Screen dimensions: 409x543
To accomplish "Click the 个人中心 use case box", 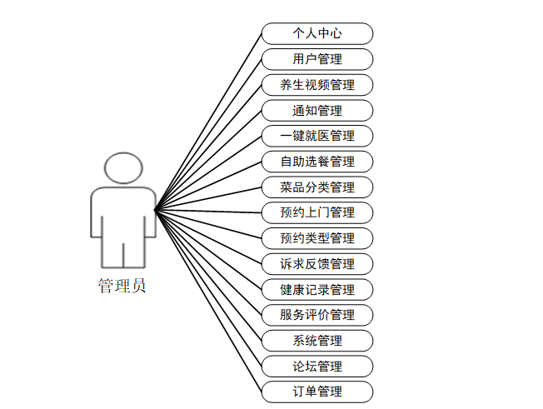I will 317,33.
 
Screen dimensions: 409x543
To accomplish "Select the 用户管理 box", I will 317,59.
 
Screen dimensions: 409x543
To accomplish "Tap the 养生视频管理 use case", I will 317,85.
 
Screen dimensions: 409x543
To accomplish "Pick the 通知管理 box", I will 317,110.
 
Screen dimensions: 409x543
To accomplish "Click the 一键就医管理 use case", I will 317,136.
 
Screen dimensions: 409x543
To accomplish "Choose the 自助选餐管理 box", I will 317,162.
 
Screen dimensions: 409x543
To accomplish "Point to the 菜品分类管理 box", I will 317,187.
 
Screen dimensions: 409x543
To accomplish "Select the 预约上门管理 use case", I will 317,212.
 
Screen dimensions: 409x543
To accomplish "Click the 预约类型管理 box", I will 317,238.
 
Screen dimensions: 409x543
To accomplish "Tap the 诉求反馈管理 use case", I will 317,264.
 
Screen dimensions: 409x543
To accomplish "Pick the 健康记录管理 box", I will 317,290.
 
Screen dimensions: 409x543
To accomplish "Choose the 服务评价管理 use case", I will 317,315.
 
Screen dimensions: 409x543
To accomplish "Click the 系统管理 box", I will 317,341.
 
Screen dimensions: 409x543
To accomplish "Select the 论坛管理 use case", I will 317,367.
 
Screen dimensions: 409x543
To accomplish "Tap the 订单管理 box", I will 317,392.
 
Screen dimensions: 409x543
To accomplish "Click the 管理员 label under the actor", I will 122,287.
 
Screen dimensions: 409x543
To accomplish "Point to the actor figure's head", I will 122,168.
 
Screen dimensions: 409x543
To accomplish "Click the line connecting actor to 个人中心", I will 208,122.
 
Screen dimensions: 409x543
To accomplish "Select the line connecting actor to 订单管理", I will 208,300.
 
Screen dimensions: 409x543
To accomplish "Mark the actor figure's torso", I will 123,215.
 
